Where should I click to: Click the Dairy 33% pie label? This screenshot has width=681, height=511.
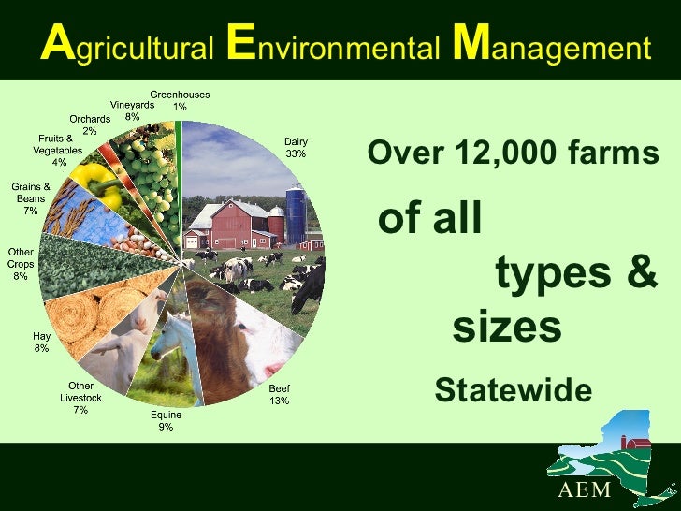coord(296,148)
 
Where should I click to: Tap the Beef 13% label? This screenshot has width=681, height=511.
coord(280,394)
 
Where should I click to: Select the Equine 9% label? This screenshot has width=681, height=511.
coord(167,421)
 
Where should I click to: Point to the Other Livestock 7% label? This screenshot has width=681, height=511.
coord(80,398)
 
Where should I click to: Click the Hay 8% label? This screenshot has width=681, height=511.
coord(41,343)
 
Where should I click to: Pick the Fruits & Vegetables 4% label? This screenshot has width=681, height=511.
coord(58,150)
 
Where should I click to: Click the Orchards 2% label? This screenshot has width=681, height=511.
coord(90,124)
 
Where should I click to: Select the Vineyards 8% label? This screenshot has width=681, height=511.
coord(132,110)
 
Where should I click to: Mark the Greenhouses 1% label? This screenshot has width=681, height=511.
coord(180,100)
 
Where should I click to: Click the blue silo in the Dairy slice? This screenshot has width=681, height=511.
coord(296,214)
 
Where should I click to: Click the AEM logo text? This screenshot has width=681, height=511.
coord(585,490)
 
